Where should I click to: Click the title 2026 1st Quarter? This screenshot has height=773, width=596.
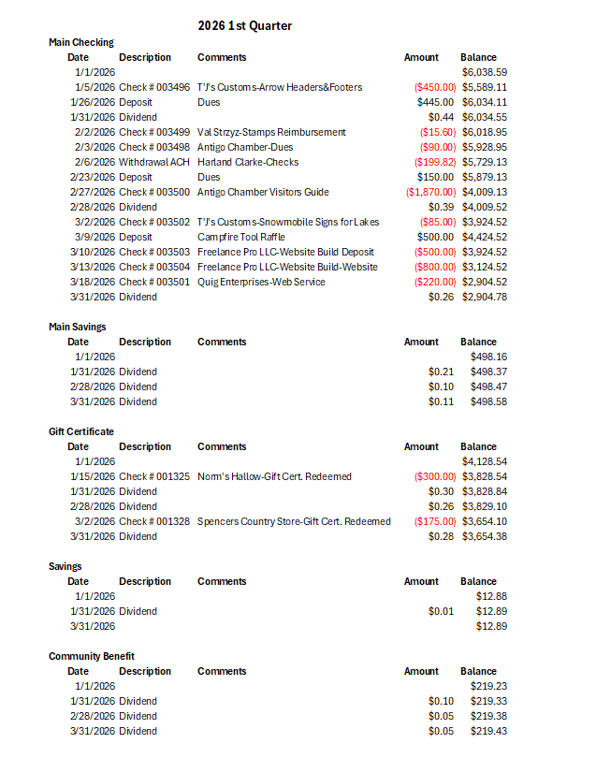(245, 26)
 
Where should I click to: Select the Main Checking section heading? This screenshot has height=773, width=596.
(81, 42)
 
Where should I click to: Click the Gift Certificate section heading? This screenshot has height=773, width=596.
(81, 431)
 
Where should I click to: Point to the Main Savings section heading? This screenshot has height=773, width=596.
(78, 327)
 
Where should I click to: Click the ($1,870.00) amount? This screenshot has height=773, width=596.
(431, 192)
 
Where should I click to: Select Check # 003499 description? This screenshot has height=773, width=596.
(154, 132)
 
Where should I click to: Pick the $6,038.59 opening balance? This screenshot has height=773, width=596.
(485, 72)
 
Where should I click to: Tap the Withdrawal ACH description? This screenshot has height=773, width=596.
(154, 162)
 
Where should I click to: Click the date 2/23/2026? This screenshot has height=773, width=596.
(93, 177)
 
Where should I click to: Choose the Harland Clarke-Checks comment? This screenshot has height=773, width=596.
(248, 162)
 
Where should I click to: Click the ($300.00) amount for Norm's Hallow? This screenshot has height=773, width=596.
(435, 476)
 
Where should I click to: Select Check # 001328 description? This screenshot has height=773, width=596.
(154, 521)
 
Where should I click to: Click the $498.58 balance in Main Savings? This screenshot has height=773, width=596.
(488, 401)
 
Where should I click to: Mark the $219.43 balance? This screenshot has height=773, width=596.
(488, 731)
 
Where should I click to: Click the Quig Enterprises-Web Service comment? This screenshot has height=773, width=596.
(261, 282)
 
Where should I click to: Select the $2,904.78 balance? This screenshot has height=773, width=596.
(485, 297)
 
